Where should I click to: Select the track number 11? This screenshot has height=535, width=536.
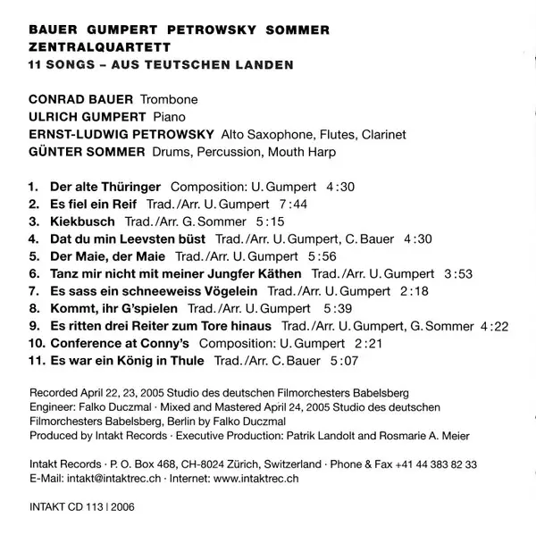click(36, 361)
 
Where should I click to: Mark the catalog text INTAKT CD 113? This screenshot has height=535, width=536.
click(70, 511)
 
